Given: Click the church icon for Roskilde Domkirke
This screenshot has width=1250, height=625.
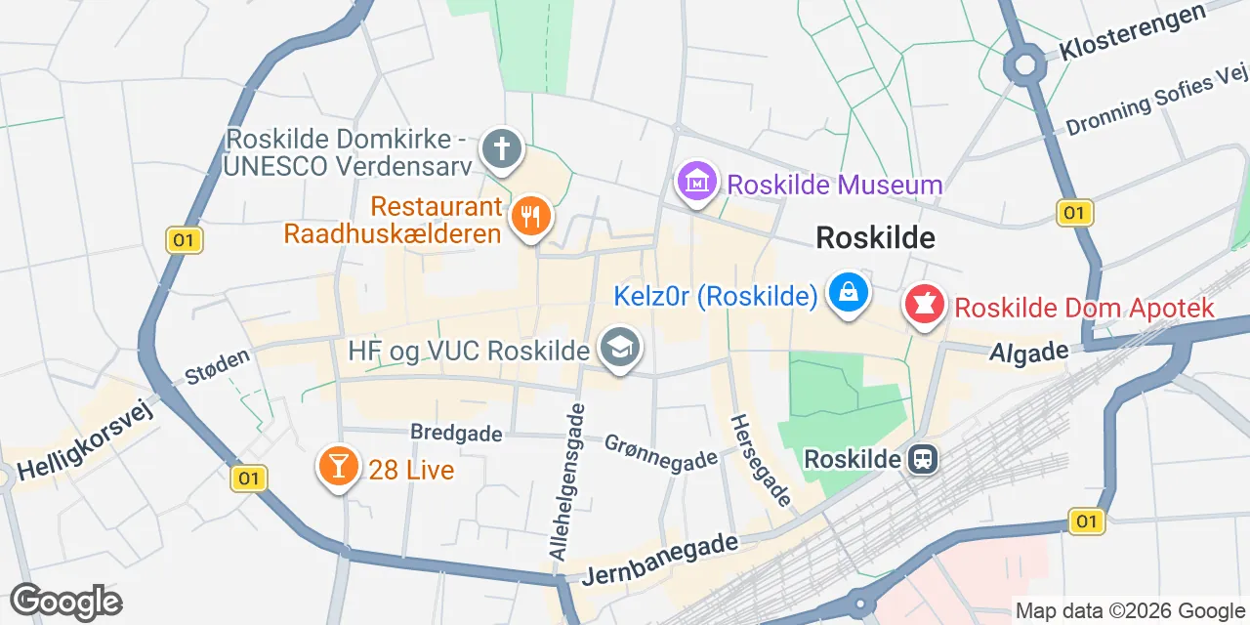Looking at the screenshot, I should pyautogui.click(x=503, y=149).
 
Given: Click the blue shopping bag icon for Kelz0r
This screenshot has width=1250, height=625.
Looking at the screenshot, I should pyautogui.click(x=849, y=292).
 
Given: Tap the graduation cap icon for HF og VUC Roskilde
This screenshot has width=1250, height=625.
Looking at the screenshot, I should pyautogui.click(x=619, y=347).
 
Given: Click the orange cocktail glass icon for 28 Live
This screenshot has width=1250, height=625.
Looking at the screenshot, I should pyautogui.click(x=338, y=467).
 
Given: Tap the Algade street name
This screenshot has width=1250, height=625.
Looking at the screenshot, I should pyautogui.click(x=1021, y=352).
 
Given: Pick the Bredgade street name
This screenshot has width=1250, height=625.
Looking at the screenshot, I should pyautogui.click(x=456, y=432).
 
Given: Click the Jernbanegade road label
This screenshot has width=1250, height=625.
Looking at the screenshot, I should pyautogui.click(x=659, y=560).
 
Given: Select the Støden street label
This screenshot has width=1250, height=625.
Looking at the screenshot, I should pyautogui.click(x=218, y=366).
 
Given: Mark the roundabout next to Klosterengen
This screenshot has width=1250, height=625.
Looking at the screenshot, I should pyautogui.click(x=1024, y=65).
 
